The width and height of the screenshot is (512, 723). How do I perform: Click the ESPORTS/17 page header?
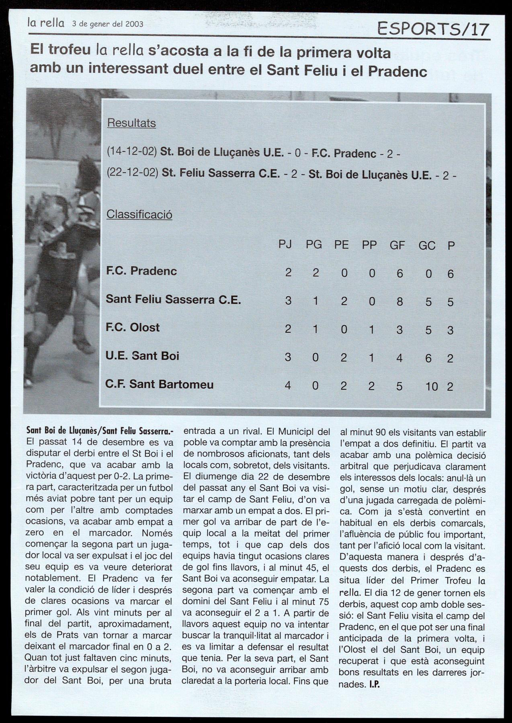434,29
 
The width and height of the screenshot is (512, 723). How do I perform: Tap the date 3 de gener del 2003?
107,24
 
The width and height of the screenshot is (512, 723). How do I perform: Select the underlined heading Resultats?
131,123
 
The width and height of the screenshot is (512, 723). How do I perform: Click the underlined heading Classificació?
139,214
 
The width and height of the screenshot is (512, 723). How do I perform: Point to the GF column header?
397,245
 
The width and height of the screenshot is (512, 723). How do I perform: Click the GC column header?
427,245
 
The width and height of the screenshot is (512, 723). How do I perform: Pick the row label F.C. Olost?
132,328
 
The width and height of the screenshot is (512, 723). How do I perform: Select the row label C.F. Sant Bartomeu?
159,385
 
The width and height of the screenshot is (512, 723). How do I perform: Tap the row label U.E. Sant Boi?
142,356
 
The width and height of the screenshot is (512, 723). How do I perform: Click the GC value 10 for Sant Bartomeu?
431,387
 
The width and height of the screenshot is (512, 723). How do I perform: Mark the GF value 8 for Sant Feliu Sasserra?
399,301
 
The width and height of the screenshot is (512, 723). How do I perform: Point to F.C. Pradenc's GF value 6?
399,273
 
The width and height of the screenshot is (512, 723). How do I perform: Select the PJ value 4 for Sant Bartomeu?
288,386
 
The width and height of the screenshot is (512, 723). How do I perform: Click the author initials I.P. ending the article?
374,684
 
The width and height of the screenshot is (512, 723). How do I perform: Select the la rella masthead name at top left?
46,23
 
